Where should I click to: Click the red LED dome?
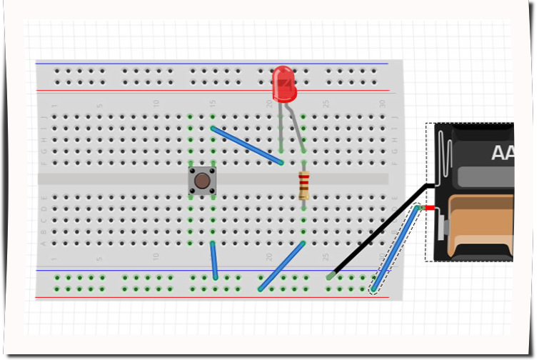(283, 83)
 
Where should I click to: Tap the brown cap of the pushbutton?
(203, 181)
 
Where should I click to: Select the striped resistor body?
(304, 186)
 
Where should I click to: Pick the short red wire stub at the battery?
(430, 207)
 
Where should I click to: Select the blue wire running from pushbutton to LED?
(247, 146)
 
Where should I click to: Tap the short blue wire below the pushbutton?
(213, 261)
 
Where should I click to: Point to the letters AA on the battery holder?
(502, 152)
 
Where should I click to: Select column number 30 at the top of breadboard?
(382, 104)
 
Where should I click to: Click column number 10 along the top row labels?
(156, 104)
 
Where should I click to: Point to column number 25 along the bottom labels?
(326, 256)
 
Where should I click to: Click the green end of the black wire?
(331, 276)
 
